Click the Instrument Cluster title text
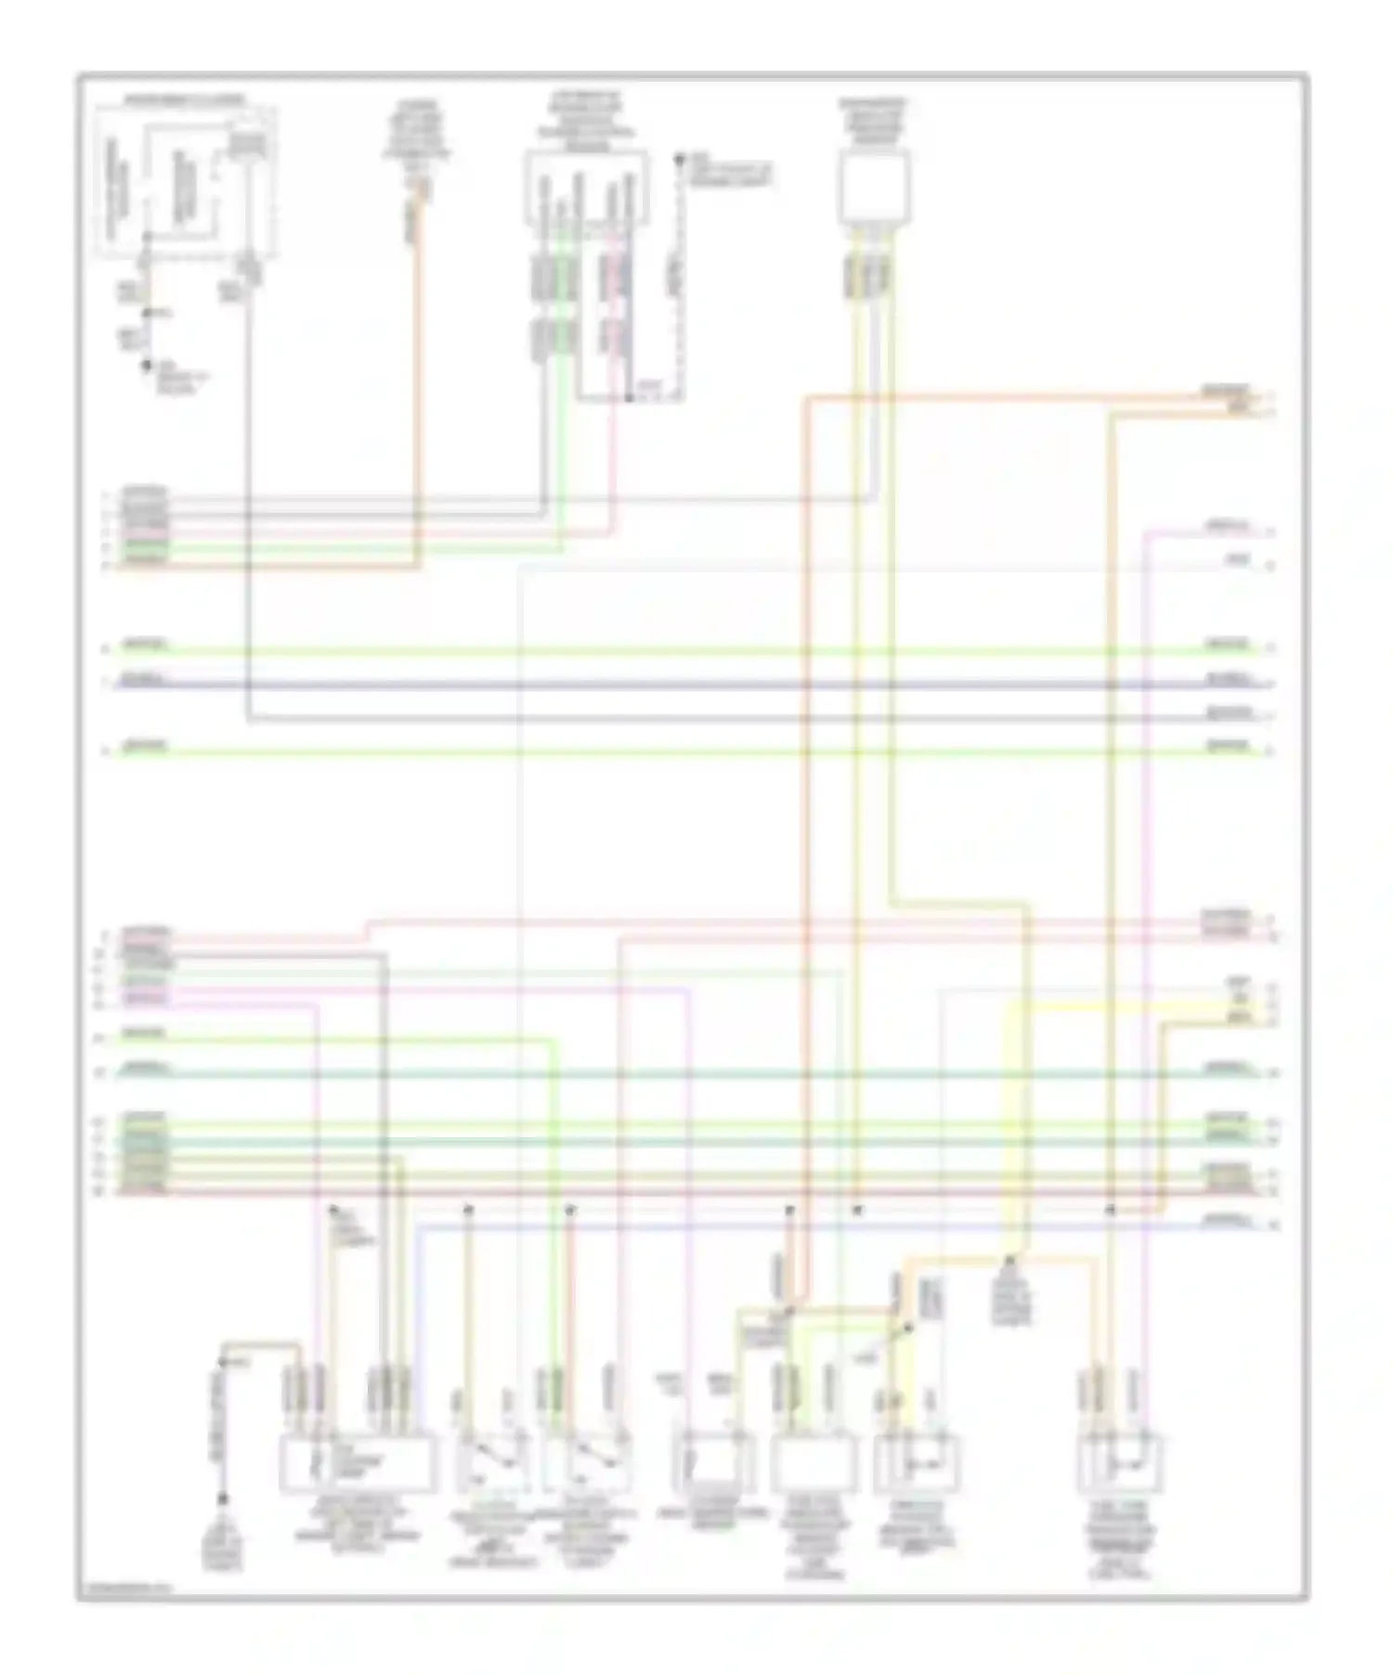coord(185,98)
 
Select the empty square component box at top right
coord(873,189)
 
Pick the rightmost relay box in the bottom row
coord(1121,1463)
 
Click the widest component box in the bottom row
coord(358,1463)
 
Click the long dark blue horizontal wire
coord(687,685)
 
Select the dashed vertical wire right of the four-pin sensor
coord(682,279)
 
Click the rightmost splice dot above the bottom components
coord(1110,1210)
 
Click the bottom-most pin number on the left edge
coord(107,1190)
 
